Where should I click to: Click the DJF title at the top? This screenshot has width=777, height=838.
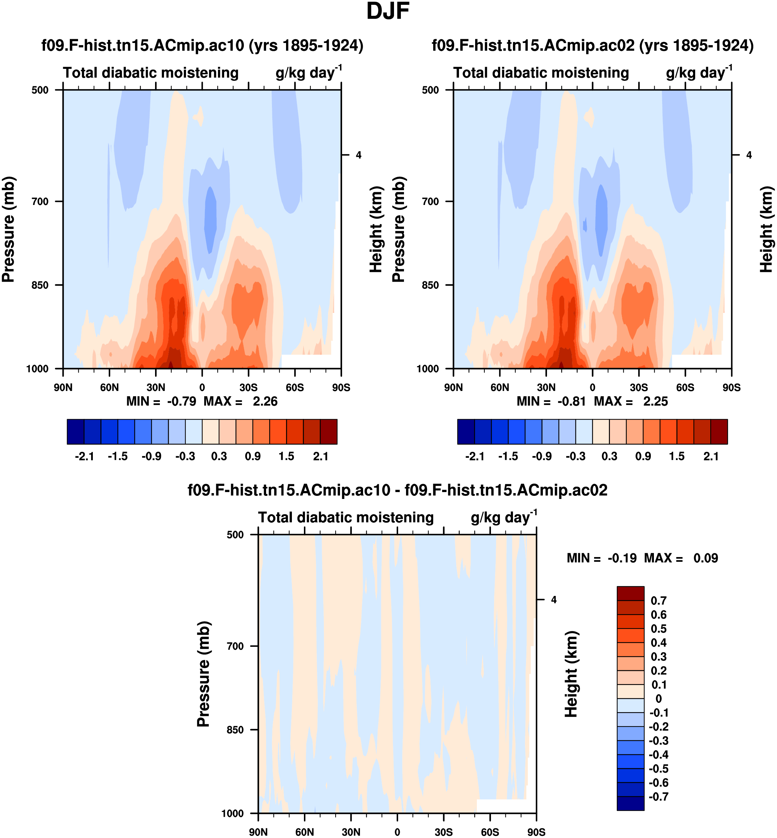pyautogui.click(x=388, y=11)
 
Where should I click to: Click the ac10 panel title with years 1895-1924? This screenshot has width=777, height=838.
pyautogui.click(x=202, y=45)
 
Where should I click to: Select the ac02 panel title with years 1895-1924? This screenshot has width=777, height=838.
pyautogui.click(x=592, y=45)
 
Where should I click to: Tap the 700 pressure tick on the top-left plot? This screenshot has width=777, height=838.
pyautogui.click(x=40, y=202)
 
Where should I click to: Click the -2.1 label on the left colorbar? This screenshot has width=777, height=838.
pyautogui.click(x=84, y=456)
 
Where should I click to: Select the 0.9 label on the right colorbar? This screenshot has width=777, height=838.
pyautogui.click(x=643, y=456)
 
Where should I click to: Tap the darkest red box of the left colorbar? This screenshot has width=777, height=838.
pyautogui.click(x=329, y=432)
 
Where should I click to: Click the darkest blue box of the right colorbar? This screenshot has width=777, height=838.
pyautogui.click(x=466, y=432)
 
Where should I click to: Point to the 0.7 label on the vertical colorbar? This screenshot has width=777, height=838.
pyautogui.click(x=658, y=601)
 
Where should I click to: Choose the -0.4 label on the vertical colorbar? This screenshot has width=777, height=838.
pyautogui.click(x=658, y=755)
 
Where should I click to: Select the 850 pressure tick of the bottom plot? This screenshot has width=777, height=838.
pyautogui.click(x=235, y=730)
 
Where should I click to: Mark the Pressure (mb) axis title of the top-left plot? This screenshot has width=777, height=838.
pyautogui.click(x=8, y=229)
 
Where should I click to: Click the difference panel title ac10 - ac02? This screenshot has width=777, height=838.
pyautogui.click(x=397, y=490)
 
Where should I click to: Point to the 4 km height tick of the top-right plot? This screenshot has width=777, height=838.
pyautogui.click(x=749, y=155)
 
